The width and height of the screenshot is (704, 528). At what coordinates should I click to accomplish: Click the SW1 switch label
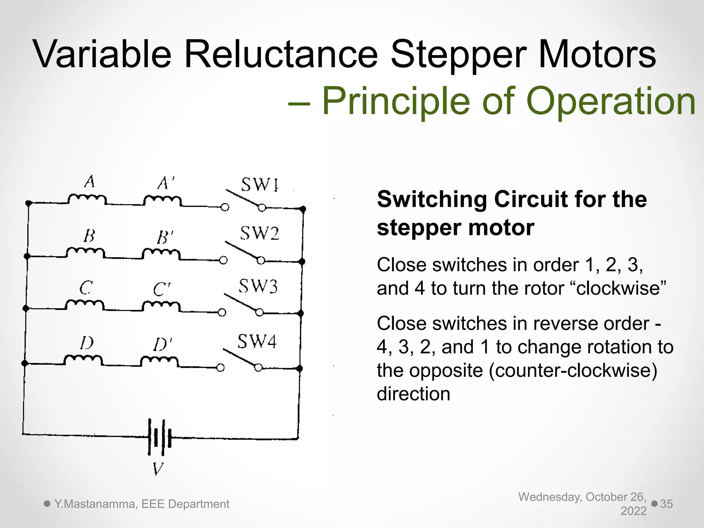pos(260,185)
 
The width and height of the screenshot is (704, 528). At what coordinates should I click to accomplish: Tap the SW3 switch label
pos(258,286)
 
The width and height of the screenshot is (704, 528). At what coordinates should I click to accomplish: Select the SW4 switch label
pos(257,342)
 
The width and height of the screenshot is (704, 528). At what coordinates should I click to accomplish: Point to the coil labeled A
pos(87,199)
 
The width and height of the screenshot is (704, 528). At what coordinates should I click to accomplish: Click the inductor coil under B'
pos(161,254)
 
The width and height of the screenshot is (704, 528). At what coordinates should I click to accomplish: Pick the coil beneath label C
pos(85,305)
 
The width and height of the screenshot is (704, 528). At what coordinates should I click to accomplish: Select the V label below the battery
pos(158,469)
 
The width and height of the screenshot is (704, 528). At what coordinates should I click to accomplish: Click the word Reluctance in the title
pos(281,54)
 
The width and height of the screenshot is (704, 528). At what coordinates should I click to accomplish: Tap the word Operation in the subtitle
pos(611,101)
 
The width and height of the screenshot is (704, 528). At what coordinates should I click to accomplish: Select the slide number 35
pos(666,504)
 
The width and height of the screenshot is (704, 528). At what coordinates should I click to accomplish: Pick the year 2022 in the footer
pos(633,511)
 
